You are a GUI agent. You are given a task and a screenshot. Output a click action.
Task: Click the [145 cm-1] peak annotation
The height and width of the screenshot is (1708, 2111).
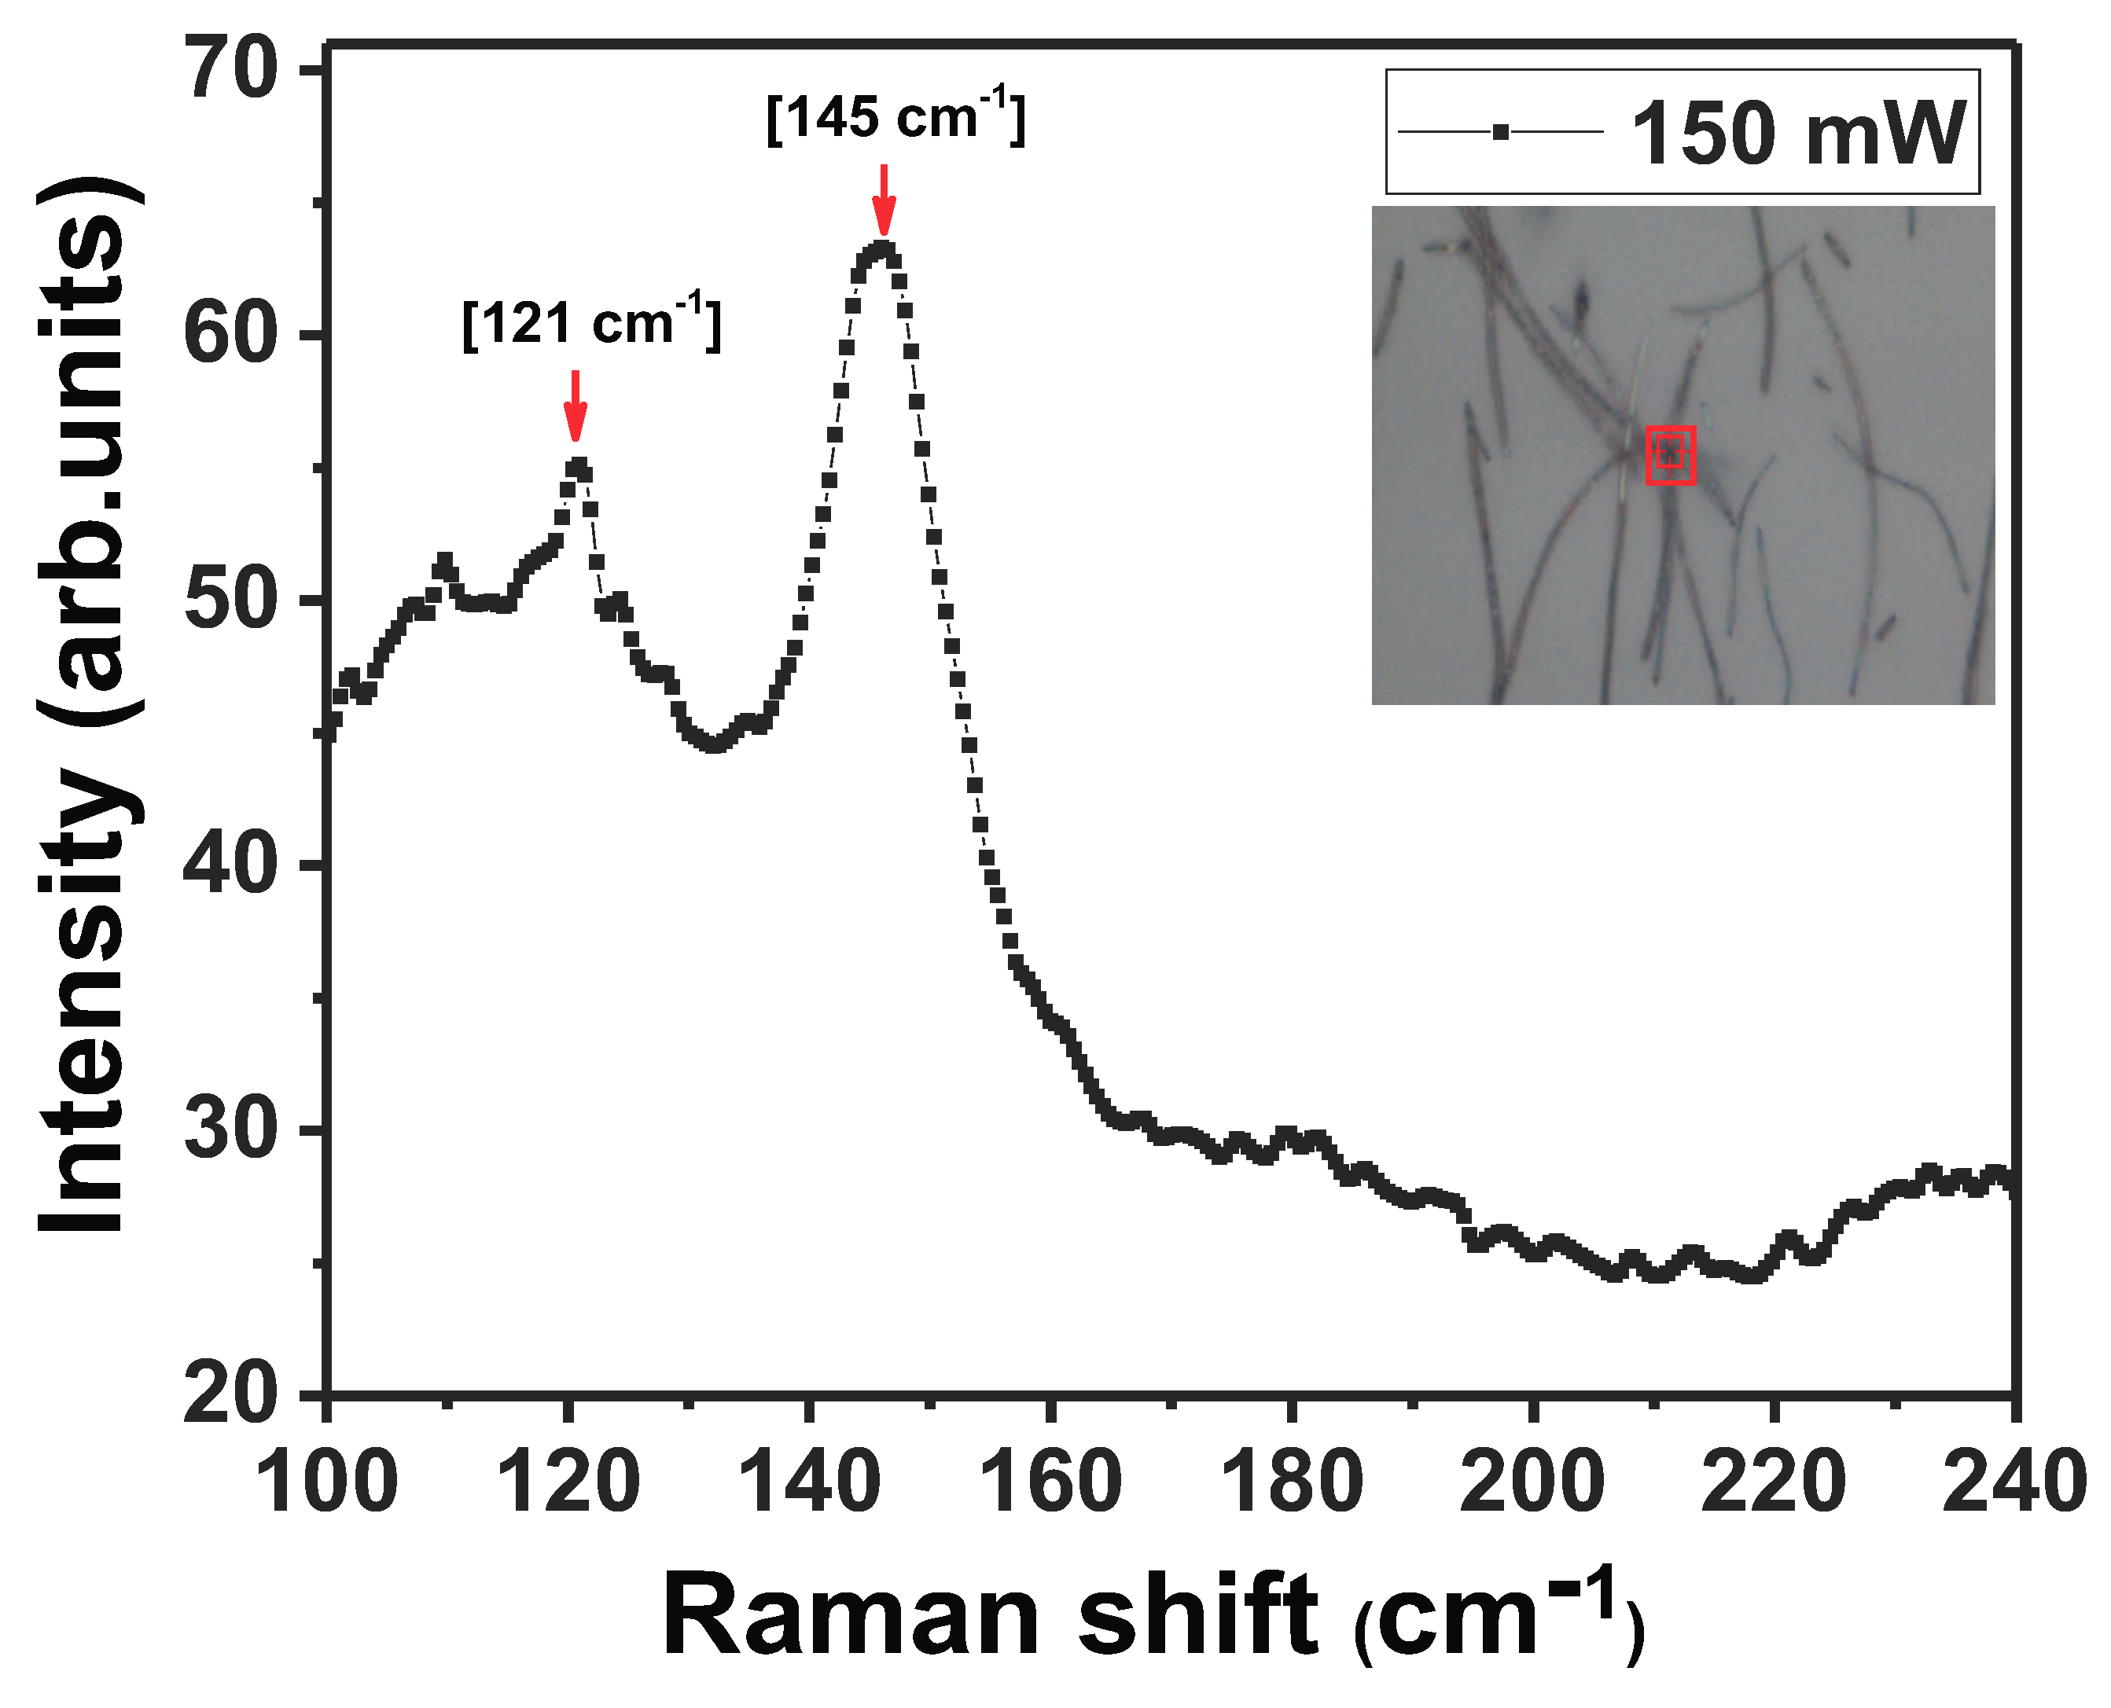tap(896, 118)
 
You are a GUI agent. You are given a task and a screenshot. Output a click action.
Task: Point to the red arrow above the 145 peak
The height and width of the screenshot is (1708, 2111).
tap(884, 200)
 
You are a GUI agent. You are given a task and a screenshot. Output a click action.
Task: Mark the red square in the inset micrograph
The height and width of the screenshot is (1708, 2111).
tap(1670, 454)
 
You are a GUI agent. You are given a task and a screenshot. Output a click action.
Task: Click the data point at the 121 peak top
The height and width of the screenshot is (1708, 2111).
tap(578, 465)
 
